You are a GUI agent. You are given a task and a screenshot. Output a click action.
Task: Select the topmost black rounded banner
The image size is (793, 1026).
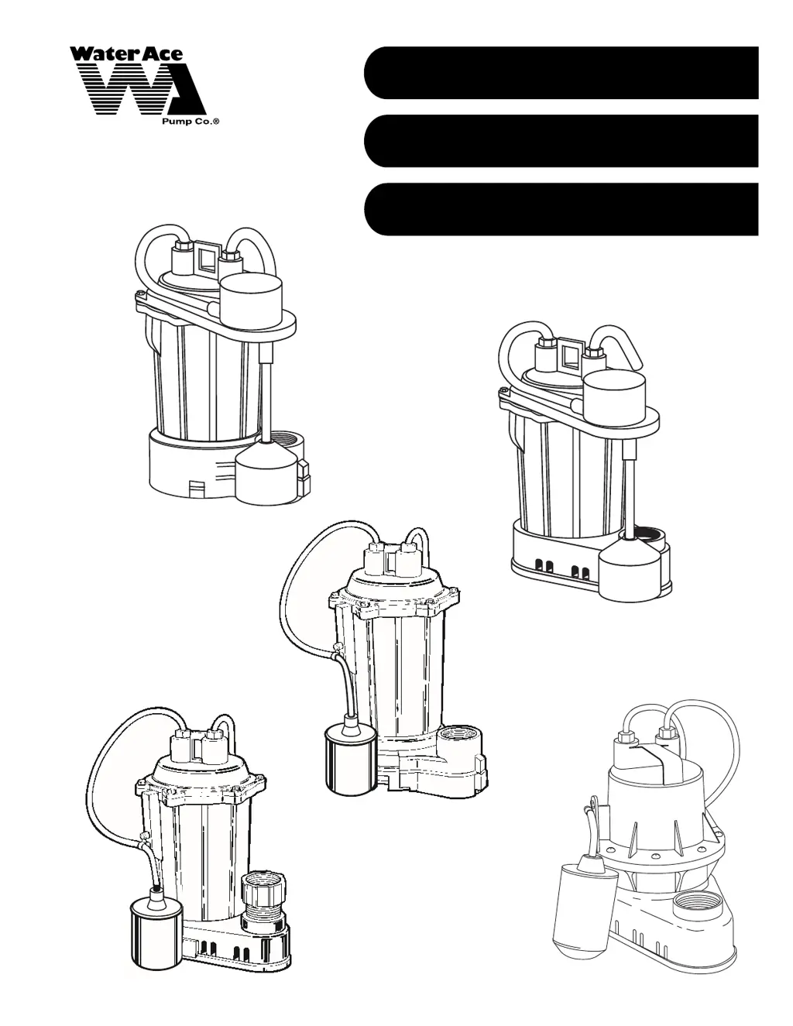pyautogui.click(x=561, y=72)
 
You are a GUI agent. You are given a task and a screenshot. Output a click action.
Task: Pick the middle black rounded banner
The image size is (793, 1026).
pyautogui.click(x=561, y=141)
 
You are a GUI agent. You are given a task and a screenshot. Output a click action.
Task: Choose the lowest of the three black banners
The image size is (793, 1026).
pyautogui.click(x=561, y=209)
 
